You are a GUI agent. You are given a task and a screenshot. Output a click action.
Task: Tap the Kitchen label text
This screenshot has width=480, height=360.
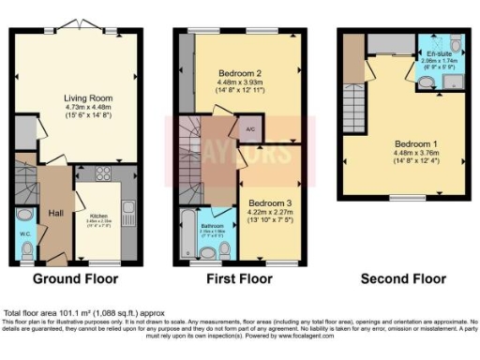[x=99, y=215]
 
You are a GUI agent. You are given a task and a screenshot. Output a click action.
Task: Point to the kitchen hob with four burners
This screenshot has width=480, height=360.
[x=104, y=178]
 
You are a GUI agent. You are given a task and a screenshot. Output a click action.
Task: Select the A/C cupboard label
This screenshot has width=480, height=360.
[x=250, y=129]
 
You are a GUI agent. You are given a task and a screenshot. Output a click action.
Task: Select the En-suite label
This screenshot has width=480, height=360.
[x=435, y=52]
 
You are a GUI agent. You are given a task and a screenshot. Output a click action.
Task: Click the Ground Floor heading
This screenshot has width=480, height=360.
[x=75, y=279]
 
